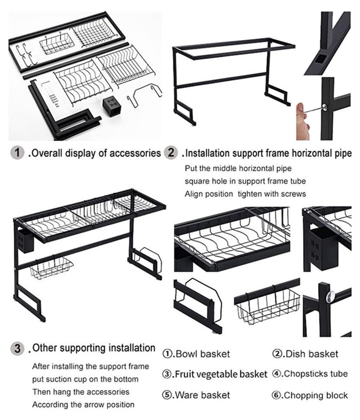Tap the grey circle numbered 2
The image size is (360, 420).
click(x=171, y=153)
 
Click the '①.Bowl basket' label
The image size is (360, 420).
click(x=196, y=354)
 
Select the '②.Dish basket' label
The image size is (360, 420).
click(x=305, y=354)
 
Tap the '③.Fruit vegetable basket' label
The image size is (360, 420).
click(x=214, y=375)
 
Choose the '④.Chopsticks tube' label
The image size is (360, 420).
click(x=310, y=374)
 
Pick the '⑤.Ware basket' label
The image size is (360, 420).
click(x=196, y=395)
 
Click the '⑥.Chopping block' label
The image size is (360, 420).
click(x=310, y=396)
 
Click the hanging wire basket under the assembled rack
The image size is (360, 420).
click(x=51, y=268)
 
